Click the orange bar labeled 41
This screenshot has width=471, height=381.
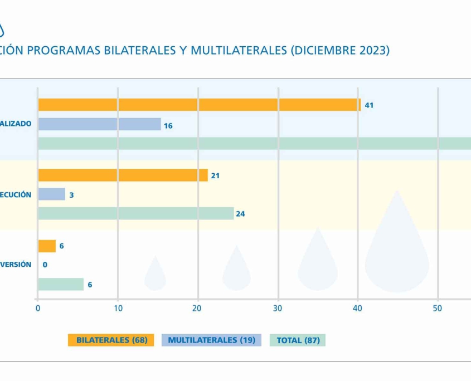(199, 105)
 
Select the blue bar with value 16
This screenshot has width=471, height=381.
(99, 124)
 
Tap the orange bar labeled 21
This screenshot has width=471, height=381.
(123, 175)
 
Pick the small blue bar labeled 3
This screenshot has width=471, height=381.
(51, 194)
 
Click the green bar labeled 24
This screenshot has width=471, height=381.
(135, 213)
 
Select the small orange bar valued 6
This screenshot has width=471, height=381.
(47, 246)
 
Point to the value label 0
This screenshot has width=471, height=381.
(45, 265)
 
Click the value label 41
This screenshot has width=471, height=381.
(369, 105)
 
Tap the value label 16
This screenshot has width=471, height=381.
(168, 126)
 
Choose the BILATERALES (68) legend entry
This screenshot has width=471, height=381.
(111, 340)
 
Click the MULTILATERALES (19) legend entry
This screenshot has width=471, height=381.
(211, 340)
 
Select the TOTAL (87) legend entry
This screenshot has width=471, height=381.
(298, 340)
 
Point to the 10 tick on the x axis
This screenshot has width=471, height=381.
(118, 308)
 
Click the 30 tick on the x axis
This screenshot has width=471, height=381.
(278, 308)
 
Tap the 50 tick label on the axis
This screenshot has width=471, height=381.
(438, 308)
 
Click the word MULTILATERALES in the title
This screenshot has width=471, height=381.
(239, 51)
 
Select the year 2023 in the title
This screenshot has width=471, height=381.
(370, 51)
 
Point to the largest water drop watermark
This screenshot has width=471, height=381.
(397, 245)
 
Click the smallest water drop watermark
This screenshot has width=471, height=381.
(155, 274)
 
